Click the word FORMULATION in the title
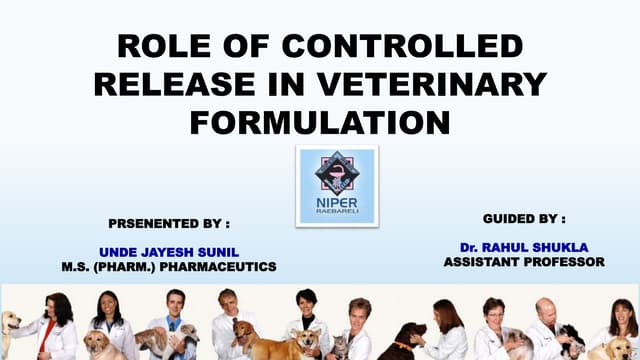320,123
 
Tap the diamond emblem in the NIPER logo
337,171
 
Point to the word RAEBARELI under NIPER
337,213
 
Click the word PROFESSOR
565,262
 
